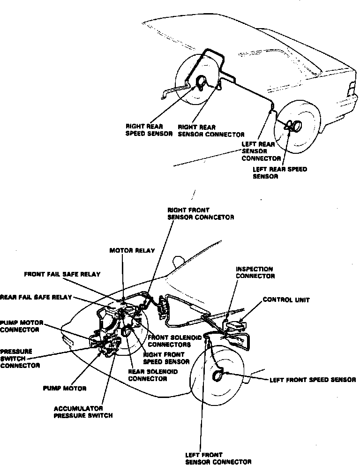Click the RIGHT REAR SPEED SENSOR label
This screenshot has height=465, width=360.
[149, 130]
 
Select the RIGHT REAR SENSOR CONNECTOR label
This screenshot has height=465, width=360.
[204, 130]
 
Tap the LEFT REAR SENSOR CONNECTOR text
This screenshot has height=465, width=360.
[261, 151]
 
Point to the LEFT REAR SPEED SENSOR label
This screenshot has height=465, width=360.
[280, 173]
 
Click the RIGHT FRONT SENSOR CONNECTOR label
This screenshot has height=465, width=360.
[200, 214]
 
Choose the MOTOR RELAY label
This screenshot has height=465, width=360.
[132, 251]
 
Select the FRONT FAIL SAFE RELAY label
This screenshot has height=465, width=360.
[62, 274]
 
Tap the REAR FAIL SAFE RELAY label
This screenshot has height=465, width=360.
[36, 297]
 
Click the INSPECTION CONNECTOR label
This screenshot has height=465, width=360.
[255, 273]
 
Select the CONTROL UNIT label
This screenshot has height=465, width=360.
[286, 300]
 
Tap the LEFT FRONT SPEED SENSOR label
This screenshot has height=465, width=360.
[313, 380]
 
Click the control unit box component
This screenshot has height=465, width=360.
[236, 325]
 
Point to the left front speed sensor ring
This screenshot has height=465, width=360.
[218, 375]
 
